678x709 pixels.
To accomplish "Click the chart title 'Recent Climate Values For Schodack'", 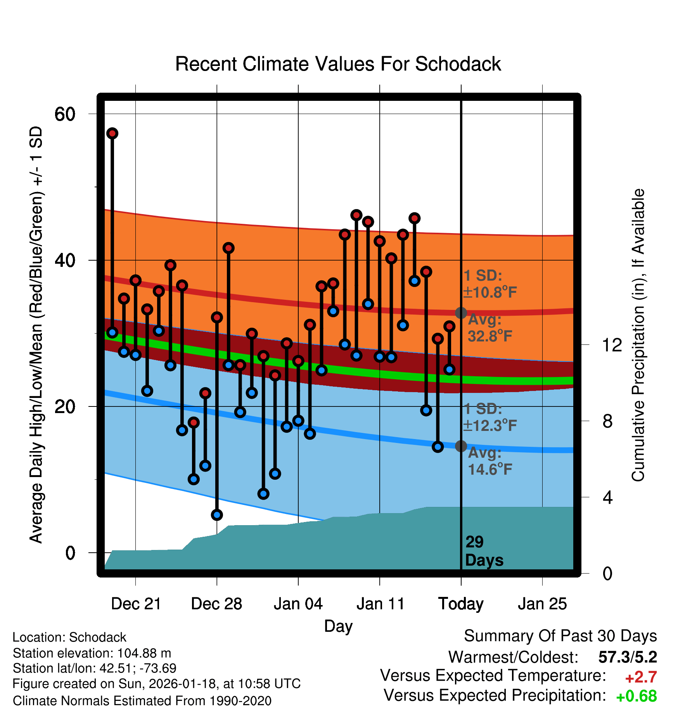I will [x=338, y=64].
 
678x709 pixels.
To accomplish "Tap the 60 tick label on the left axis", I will [x=65, y=114].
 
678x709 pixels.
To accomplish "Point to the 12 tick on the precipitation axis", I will [x=612, y=345].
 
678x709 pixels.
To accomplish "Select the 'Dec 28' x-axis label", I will [x=216, y=604].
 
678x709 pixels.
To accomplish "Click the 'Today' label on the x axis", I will [x=461, y=604].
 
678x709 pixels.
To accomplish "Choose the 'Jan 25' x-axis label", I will [x=542, y=604].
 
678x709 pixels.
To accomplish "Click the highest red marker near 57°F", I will [x=112, y=133].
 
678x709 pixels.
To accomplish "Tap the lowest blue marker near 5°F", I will [x=217, y=515].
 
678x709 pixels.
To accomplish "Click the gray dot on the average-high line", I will [x=461, y=313].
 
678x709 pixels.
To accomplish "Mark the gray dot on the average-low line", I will [x=461, y=446].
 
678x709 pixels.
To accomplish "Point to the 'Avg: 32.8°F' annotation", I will [x=489, y=328].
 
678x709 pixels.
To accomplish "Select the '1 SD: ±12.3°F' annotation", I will [x=489, y=417].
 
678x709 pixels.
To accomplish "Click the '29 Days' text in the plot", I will [x=484, y=551].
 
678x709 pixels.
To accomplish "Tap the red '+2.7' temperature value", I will [x=641, y=677].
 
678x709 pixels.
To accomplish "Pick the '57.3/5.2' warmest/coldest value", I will [x=628, y=657].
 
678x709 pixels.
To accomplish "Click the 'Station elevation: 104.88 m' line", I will [x=92, y=653].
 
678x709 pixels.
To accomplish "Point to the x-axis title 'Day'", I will [x=338, y=626].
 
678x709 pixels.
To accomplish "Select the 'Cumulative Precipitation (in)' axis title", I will [x=638, y=335].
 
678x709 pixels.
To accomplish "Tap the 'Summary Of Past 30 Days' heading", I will [x=560, y=636].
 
